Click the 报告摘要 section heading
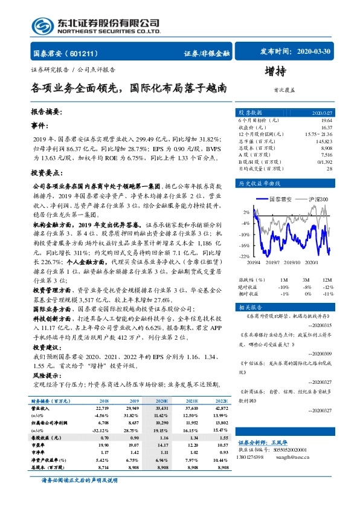click(x=46, y=112)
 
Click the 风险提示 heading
click(x=46, y=375)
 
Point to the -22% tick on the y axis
click(x=245, y=256)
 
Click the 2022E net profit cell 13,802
click(x=221, y=423)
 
